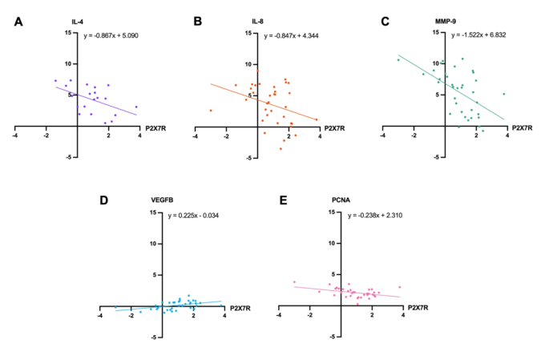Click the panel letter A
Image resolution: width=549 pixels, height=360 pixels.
pyautogui.click(x=18, y=22)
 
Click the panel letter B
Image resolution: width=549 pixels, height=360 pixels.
pyautogui.click(x=199, y=22)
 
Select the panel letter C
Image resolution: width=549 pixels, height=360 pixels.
pyautogui.click(x=385, y=22)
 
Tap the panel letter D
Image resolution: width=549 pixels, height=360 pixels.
pyautogui.click(x=103, y=199)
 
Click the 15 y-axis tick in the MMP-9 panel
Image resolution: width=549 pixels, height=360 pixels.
pyautogui.click(x=437, y=32)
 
